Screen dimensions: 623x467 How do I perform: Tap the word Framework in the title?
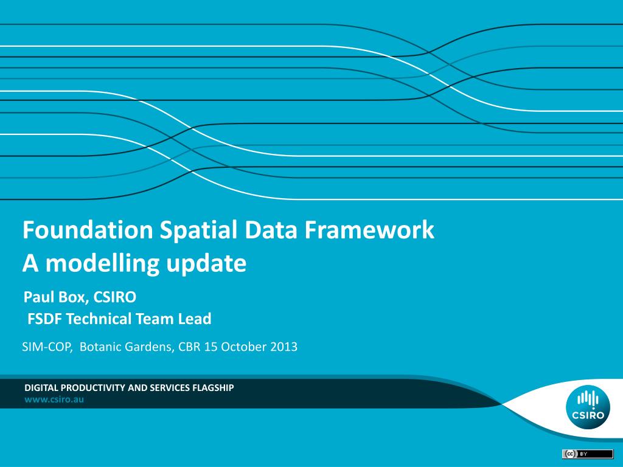369,229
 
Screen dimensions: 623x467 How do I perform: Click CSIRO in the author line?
115,297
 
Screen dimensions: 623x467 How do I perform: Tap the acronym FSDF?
44,319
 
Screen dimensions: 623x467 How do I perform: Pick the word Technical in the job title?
99,319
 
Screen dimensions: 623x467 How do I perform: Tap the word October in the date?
243,347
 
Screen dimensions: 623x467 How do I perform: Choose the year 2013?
284,347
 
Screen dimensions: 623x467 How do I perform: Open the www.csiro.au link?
54,400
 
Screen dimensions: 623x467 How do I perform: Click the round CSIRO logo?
588,407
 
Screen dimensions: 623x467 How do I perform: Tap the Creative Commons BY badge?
588,454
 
